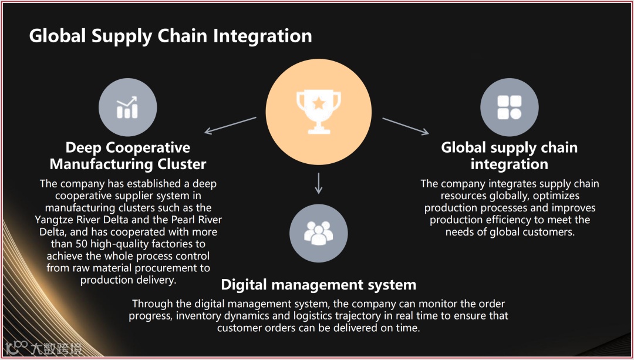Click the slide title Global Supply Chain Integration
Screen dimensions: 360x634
point(170,36)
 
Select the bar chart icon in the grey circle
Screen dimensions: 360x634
point(127,107)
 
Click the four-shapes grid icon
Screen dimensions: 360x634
point(509,107)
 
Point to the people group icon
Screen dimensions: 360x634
point(318,233)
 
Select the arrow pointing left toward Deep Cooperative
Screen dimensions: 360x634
point(231,125)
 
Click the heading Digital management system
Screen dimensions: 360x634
point(318,285)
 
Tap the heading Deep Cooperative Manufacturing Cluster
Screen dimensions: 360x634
point(127,155)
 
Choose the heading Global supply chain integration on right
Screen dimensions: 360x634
point(509,155)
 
